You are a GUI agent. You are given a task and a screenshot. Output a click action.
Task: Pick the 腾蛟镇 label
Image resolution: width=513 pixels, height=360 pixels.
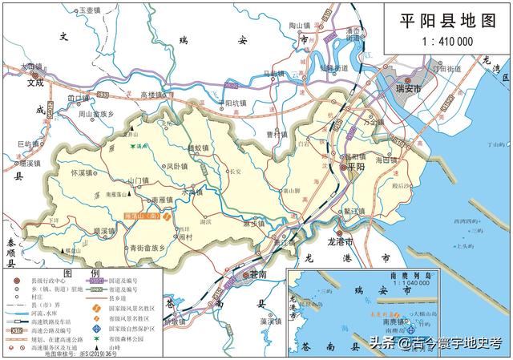click(x=198, y=148)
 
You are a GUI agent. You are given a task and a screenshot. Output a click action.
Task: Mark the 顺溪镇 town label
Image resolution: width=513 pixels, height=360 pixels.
click(x=106, y=230)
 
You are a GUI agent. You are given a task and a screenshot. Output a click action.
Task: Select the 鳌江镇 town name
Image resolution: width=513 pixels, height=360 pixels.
click(x=353, y=212)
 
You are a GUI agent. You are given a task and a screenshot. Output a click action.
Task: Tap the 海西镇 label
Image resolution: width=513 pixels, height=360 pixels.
click(x=386, y=160)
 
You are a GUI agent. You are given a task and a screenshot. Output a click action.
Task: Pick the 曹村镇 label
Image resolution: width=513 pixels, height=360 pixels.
click(x=277, y=135)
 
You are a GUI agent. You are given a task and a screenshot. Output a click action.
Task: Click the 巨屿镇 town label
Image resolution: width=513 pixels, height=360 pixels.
click(x=29, y=144)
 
